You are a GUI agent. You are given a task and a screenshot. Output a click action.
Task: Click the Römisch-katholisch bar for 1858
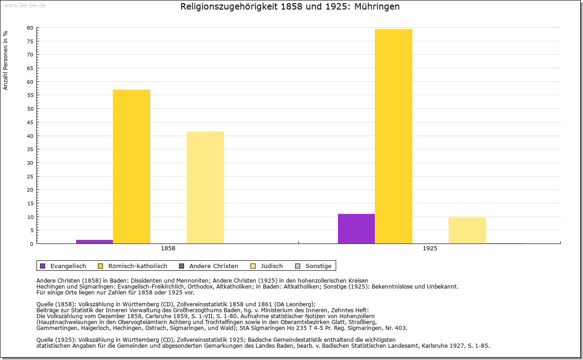click(x=132, y=167)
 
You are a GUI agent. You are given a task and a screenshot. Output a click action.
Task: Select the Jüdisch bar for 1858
click(x=205, y=188)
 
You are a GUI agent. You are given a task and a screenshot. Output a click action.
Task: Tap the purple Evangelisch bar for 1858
click(x=94, y=242)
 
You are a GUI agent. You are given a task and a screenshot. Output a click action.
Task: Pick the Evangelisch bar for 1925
click(x=356, y=228)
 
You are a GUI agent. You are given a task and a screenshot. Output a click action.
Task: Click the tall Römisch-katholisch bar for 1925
click(x=394, y=137)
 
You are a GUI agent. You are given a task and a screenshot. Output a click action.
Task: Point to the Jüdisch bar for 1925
click(x=467, y=230)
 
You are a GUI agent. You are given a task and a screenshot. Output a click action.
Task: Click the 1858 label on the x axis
click(x=168, y=249)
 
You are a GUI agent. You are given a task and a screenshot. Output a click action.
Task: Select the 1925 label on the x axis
click(x=430, y=249)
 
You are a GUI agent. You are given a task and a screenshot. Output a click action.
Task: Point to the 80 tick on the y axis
click(x=30, y=28)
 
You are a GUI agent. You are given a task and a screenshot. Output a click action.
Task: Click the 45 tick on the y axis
click(x=30, y=122)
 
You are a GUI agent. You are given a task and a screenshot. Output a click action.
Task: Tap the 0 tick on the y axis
click(x=31, y=244)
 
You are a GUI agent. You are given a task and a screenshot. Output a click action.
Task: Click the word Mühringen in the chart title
click(x=376, y=7)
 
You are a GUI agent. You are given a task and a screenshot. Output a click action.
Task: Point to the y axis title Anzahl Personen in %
click(x=5, y=61)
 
